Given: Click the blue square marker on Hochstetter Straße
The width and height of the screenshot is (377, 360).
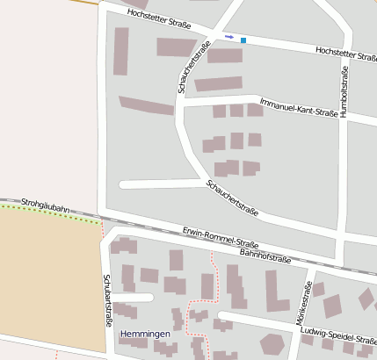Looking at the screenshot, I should click(243, 40).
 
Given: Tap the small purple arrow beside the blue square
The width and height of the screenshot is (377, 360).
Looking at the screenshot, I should click(229, 37).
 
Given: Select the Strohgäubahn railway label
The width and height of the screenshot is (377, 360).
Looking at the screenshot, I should click(44, 205).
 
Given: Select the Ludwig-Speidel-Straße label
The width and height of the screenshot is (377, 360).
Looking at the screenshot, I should click(339, 335).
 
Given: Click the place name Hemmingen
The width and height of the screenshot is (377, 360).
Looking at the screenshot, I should click(145, 335).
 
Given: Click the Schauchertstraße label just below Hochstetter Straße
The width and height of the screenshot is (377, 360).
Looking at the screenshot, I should click(192, 66).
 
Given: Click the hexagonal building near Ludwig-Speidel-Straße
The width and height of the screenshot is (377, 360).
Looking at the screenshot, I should click(272, 343).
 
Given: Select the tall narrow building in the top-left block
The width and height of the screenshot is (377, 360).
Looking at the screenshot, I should click(121, 51).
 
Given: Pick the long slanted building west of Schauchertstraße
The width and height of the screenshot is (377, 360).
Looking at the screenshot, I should click(146, 105).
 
